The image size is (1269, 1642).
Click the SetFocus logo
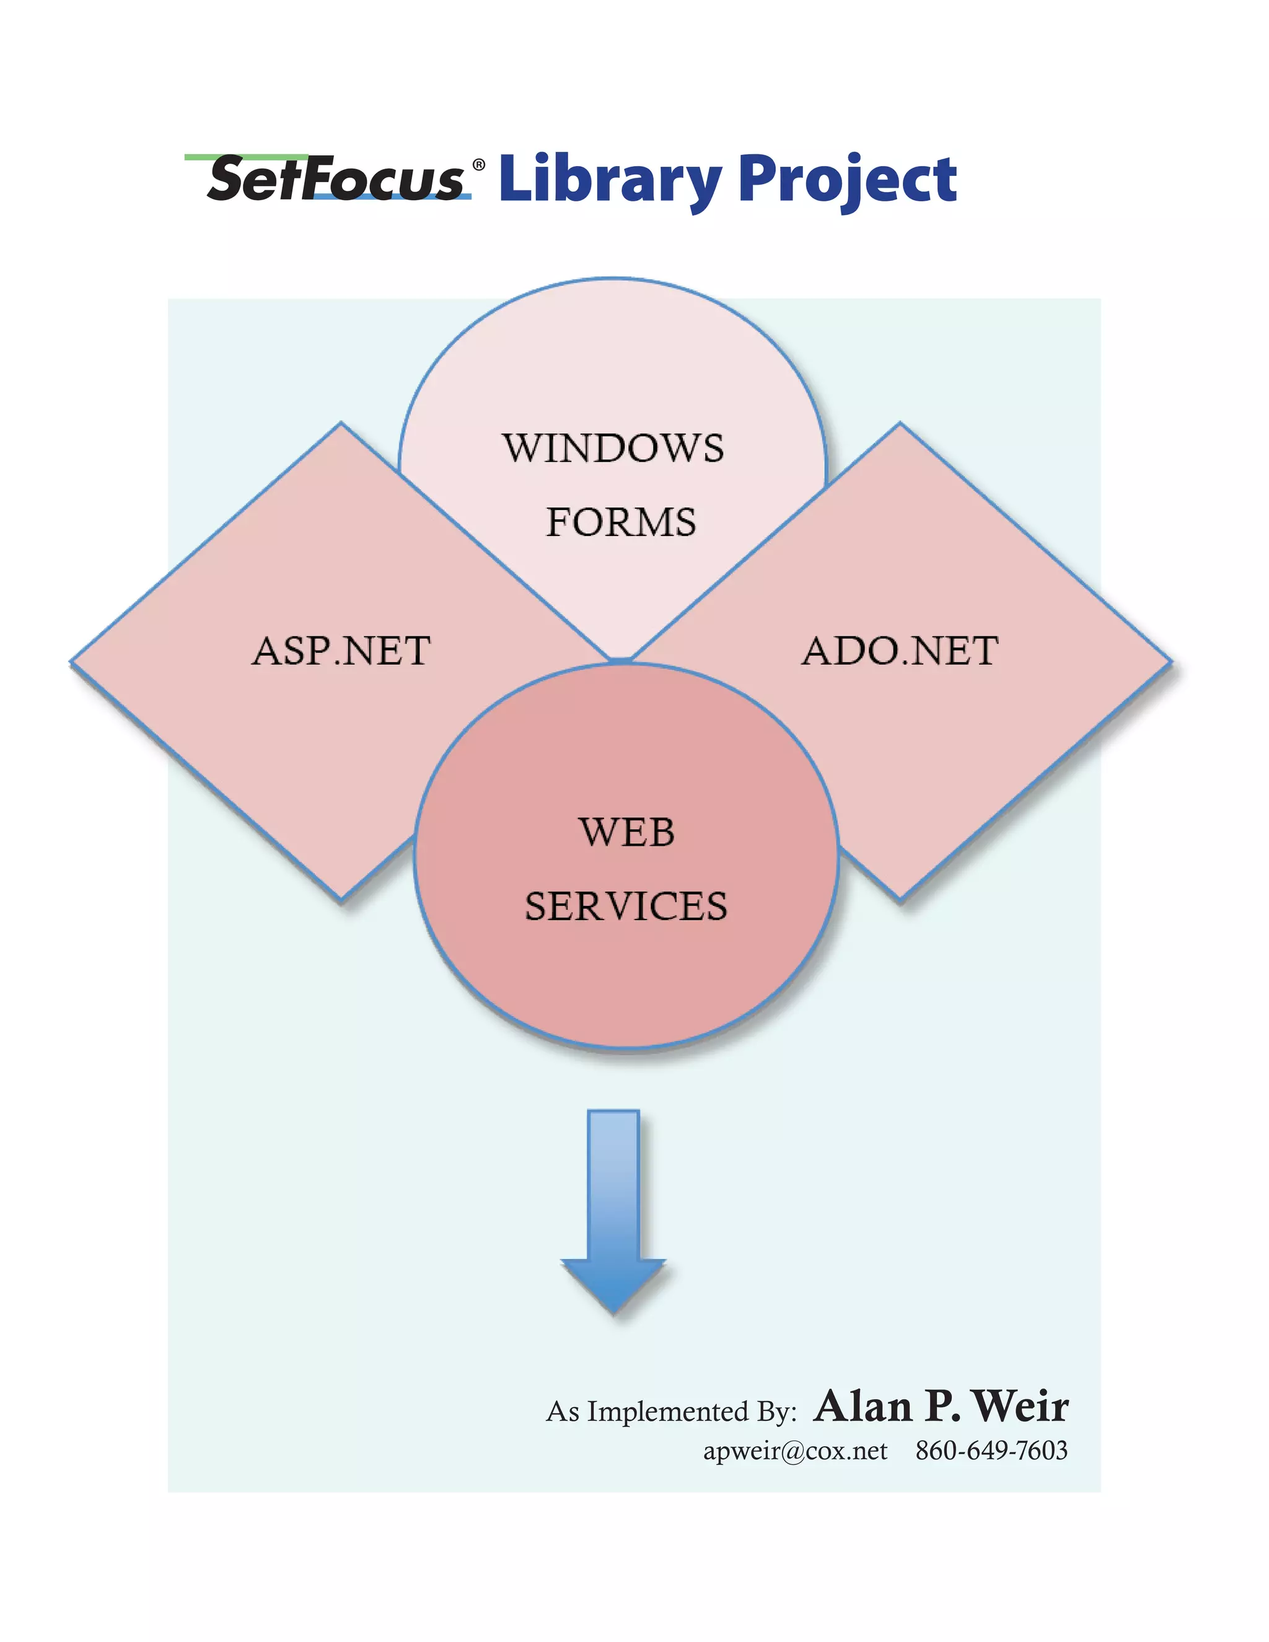pyautogui.click(x=335, y=179)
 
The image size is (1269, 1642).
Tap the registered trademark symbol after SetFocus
pyautogui.click(x=478, y=165)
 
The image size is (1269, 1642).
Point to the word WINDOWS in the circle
pyautogui.click(x=613, y=448)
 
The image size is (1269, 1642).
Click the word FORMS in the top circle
pyautogui.click(x=621, y=522)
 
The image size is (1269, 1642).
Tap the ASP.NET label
pyautogui.click(x=341, y=651)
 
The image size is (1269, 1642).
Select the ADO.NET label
pyautogui.click(x=900, y=651)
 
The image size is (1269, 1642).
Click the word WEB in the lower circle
pyautogui.click(x=627, y=832)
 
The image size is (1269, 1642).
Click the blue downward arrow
pyautogui.click(x=613, y=1211)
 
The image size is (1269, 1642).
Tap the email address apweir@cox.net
pyautogui.click(x=794, y=1451)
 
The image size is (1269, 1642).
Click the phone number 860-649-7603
pyautogui.click(x=991, y=1451)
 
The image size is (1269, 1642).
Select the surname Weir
pyautogui.click(x=1021, y=1406)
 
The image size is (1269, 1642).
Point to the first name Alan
pyautogui.click(x=863, y=1406)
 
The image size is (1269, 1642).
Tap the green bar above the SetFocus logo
pyautogui.click(x=247, y=157)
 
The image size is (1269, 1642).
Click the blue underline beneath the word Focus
pyautogui.click(x=391, y=196)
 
